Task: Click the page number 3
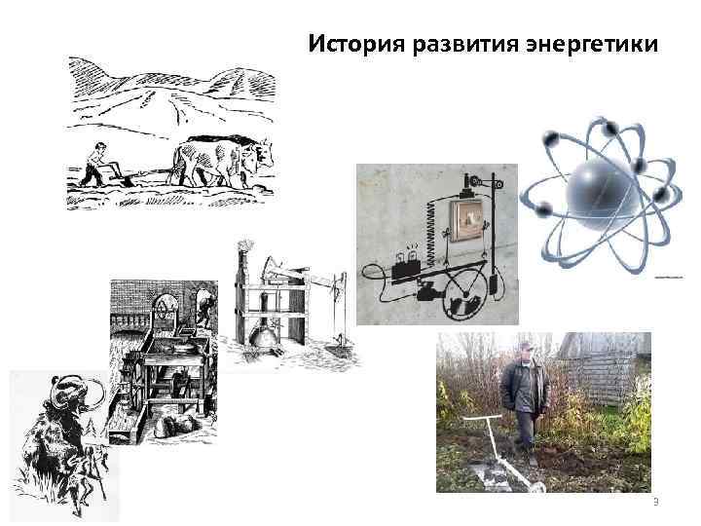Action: pos(656,503)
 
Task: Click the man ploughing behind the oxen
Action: pos(93,163)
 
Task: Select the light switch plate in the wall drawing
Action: pos(462,222)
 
